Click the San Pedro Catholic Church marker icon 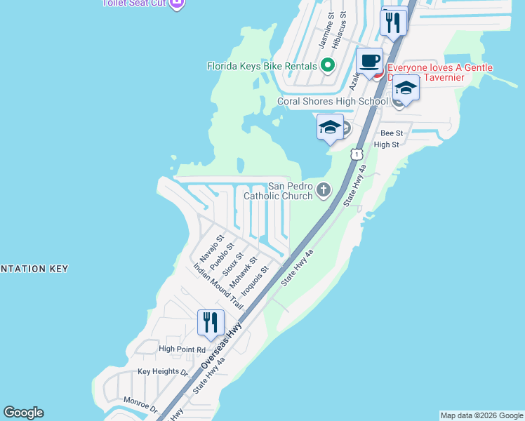click(x=324, y=189)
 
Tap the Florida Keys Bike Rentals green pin click(x=327, y=67)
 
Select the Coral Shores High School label click(x=332, y=101)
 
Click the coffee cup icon click(x=369, y=61)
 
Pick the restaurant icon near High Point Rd click(x=211, y=323)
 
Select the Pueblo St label click(x=221, y=253)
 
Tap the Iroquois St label click(x=255, y=279)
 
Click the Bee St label click(x=392, y=133)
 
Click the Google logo click(x=23, y=413)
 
